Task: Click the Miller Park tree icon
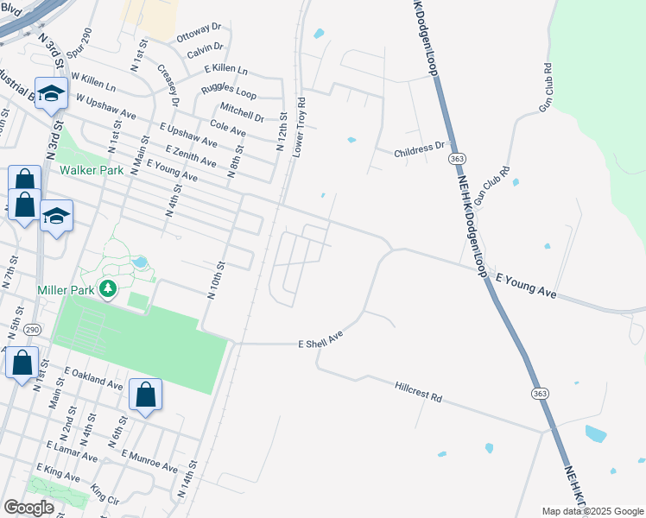108,288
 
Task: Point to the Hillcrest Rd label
419,393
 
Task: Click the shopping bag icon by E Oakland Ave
146,395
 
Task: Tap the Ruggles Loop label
229,90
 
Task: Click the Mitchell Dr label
242,111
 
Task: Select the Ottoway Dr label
199,37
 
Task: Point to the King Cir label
104,496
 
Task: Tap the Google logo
29,508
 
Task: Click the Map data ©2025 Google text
592,511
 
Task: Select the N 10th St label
216,281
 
